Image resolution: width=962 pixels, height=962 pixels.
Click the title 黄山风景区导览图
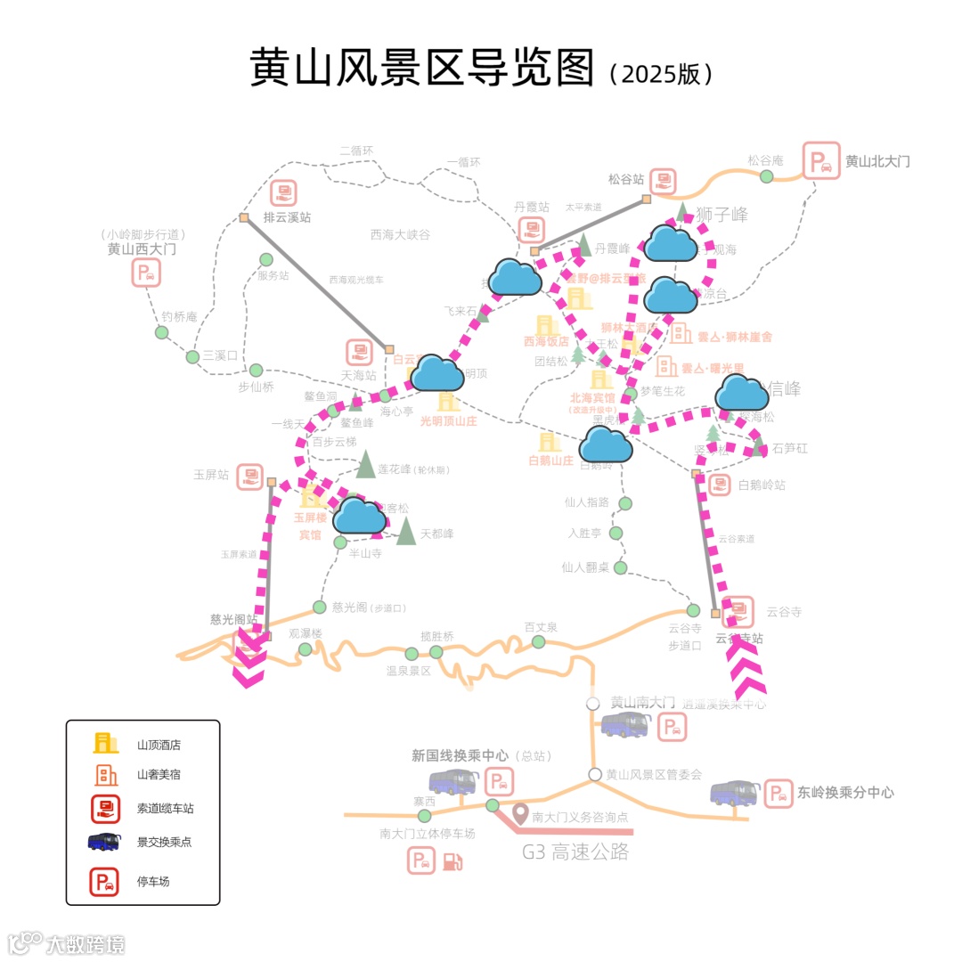point(420,68)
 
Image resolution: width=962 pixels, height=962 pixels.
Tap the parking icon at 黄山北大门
point(820,161)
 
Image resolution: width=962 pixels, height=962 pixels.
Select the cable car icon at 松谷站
point(663,182)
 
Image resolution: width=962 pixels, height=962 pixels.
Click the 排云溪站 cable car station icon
point(283,193)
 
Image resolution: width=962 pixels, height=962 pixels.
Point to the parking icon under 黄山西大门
point(146,273)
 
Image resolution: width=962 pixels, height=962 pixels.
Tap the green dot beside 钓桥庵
point(162,332)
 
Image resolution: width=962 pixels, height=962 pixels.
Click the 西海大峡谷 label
point(400,234)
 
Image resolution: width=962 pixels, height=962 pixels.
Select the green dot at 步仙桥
point(256,370)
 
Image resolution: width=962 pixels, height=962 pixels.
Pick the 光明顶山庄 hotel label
point(449,421)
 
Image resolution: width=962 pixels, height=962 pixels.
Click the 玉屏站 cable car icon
point(250,477)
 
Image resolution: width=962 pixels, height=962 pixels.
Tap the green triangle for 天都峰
point(406,531)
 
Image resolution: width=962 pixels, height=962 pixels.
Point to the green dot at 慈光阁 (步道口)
point(320,607)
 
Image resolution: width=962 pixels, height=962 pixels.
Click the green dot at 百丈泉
point(538,642)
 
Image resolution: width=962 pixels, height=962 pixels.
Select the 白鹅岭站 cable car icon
point(720,485)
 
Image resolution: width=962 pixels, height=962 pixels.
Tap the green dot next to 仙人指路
point(625,503)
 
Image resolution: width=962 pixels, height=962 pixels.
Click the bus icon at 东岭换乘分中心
point(734,793)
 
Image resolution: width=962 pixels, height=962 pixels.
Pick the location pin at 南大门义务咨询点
point(521,814)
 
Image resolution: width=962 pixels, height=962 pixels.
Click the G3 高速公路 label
point(575,852)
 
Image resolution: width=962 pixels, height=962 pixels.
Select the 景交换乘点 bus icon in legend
point(105,842)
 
